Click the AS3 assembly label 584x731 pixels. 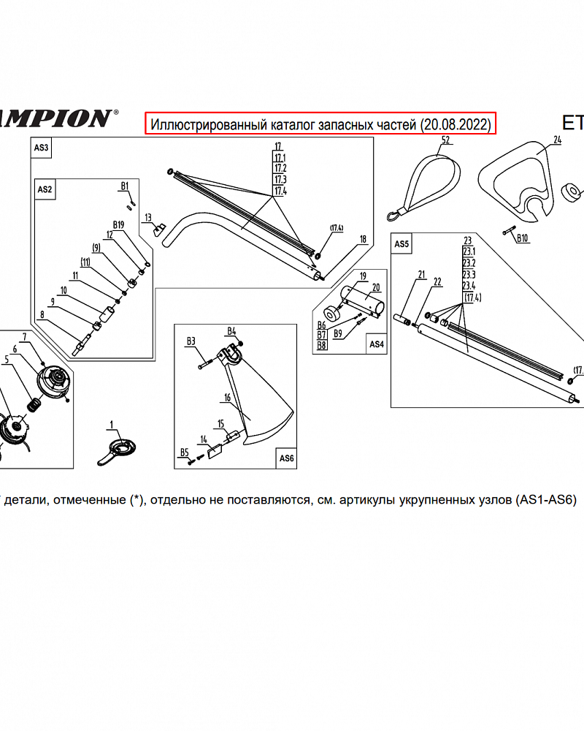pos(42,148)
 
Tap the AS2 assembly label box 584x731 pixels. pos(45,189)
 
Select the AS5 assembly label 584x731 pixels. pos(402,244)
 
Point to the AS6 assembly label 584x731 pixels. pos(286,458)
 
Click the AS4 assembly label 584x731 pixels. pos(376,344)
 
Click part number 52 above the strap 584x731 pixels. pos(445,140)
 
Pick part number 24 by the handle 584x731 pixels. pos(557,140)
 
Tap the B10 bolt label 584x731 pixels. pos(522,238)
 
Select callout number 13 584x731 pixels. pos(148,217)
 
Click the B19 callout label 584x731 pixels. pos(119,224)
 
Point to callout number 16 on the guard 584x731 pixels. pos(228,398)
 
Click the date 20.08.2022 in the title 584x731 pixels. pos(455,124)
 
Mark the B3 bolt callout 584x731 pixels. pos(191,341)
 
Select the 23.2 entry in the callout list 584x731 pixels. pos(469,262)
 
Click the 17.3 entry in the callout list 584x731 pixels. pos(280,179)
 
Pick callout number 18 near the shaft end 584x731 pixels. pos(363,239)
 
